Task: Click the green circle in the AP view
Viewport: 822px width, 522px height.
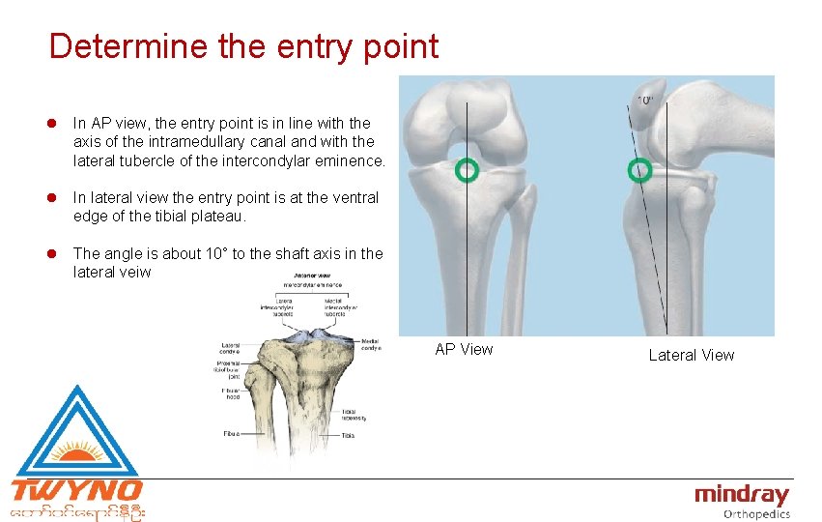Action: [x=467, y=170]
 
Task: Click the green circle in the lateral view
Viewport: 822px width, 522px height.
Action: [x=639, y=170]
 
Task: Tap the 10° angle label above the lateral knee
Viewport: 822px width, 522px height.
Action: [x=644, y=100]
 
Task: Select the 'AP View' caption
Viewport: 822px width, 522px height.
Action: [x=464, y=349]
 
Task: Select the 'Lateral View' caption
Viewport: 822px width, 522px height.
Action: [x=691, y=355]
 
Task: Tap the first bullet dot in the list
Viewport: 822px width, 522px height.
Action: [x=58, y=124]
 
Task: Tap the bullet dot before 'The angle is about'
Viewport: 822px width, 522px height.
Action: [x=58, y=254]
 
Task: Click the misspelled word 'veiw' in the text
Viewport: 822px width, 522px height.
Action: [x=138, y=273]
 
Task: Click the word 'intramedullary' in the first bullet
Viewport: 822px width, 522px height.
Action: [x=189, y=141]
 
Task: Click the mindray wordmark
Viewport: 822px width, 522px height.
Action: [x=742, y=495]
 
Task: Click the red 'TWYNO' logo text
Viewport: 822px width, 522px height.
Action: [x=76, y=490]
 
